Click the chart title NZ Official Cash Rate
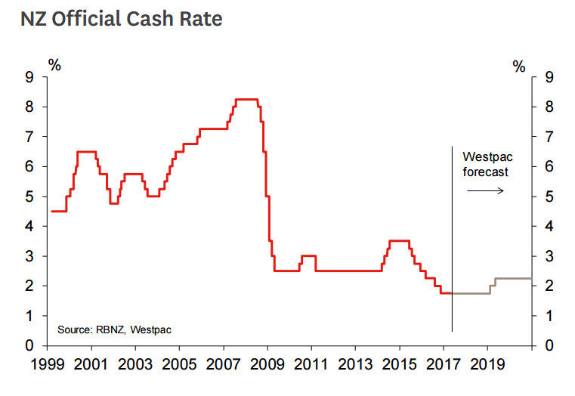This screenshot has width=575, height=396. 122,18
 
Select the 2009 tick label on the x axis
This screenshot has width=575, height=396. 267,366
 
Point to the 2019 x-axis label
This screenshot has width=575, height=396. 487,366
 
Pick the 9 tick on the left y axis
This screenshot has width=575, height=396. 29,77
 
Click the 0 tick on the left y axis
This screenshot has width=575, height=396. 29,345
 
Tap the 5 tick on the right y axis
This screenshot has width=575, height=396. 549,196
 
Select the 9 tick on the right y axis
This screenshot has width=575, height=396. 549,77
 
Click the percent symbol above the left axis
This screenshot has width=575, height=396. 54,65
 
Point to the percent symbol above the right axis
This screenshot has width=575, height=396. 518,67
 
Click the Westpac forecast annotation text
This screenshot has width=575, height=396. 486,164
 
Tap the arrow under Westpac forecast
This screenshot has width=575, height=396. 485,190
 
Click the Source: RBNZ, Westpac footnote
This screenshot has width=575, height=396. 120,329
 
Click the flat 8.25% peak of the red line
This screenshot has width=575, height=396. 247,99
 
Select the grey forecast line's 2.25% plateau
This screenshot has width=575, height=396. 513,279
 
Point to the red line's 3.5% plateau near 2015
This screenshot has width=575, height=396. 398,241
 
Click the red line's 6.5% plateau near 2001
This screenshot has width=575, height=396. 86,152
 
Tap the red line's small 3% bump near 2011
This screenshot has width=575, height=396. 308,256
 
